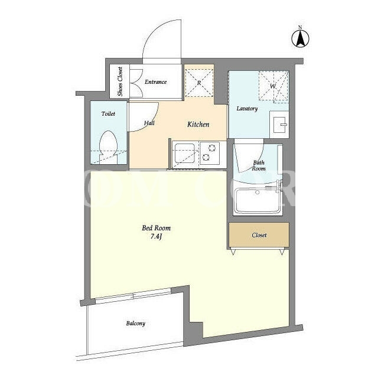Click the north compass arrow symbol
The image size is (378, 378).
click(x=301, y=38)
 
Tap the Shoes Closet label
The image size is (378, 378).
click(x=120, y=82)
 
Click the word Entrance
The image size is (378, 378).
click(x=156, y=82)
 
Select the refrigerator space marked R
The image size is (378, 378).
click(x=199, y=83)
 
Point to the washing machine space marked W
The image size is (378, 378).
click(x=273, y=86)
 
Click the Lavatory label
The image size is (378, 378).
click(x=247, y=109)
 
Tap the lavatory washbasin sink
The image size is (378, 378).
click(x=279, y=125)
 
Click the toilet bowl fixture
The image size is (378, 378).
click(x=109, y=147)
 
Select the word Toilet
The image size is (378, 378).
click(x=108, y=114)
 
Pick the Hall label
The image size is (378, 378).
click(x=149, y=123)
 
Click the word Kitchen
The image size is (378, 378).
click(x=198, y=125)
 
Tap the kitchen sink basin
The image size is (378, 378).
click(x=185, y=154)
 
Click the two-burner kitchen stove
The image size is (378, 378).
click(x=210, y=154)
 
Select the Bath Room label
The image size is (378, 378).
click(x=259, y=165)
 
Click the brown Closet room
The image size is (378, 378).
click(x=259, y=235)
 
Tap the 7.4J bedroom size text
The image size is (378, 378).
click(x=156, y=237)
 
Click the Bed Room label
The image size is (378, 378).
click(x=156, y=228)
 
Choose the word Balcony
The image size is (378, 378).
click(x=136, y=324)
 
